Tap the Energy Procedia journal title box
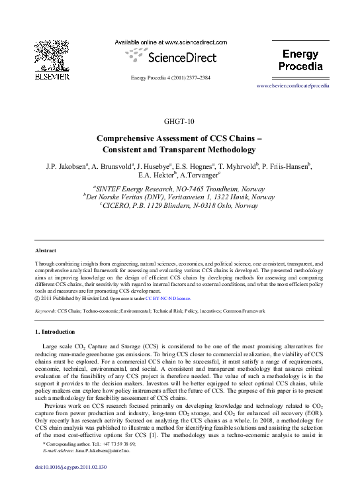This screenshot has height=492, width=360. [300, 60]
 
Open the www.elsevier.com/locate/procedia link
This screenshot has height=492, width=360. [292, 86]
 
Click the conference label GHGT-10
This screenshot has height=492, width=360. [179, 121]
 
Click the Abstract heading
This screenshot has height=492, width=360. [46, 251]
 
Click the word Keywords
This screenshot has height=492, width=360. [45, 310]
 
